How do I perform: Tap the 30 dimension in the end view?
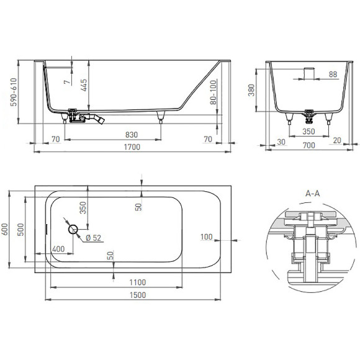click(282, 142)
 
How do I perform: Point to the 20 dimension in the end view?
click(337, 142)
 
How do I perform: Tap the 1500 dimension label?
click(138, 295)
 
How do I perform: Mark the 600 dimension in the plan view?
click(6, 229)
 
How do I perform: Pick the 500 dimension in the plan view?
click(21, 229)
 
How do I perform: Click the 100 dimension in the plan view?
click(206, 236)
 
